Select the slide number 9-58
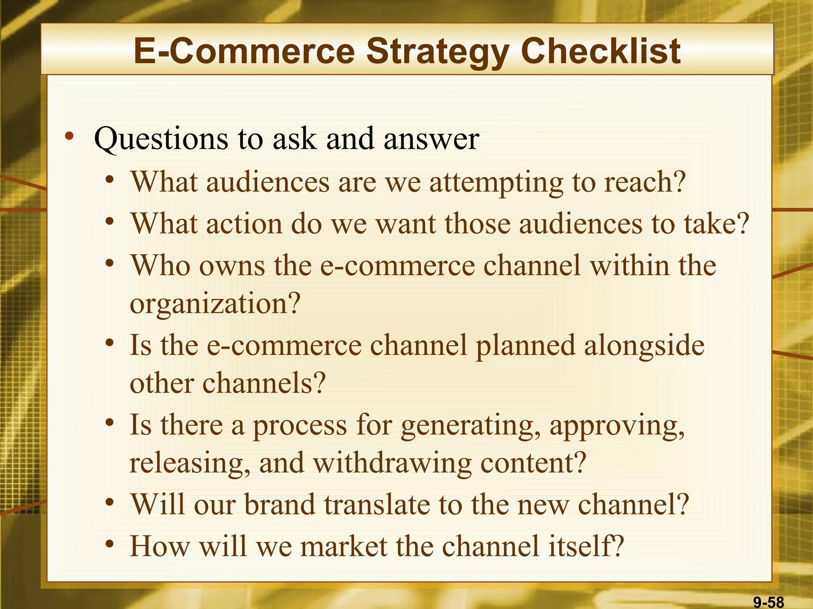click(x=769, y=602)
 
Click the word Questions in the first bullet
click(x=161, y=139)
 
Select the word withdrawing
click(x=393, y=463)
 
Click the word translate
click(x=377, y=504)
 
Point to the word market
click(x=343, y=546)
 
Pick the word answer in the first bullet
click(x=432, y=139)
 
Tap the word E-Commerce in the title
click(x=244, y=52)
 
